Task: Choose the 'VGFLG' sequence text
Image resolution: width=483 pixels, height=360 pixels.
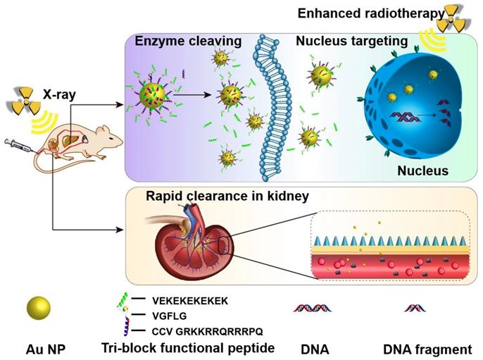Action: tap(169, 316)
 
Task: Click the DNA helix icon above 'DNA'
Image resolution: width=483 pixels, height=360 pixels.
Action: tap(312, 307)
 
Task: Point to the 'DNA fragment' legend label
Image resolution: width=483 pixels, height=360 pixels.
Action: tap(418, 349)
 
